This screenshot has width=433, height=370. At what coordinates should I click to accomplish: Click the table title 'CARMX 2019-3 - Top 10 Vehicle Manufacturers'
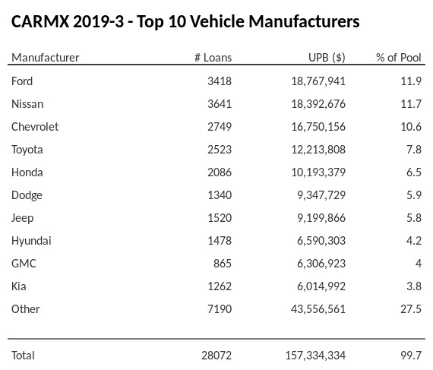(185, 21)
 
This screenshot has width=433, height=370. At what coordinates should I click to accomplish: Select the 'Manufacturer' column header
(46, 58)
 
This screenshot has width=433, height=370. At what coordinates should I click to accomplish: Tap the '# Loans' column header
(213, 58)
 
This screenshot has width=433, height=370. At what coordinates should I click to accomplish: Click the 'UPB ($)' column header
(327, 58)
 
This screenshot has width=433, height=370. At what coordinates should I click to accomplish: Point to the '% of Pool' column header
(399, 58)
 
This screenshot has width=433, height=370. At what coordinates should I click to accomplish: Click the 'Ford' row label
(22, 81)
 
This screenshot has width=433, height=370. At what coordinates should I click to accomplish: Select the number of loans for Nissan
(219, 103)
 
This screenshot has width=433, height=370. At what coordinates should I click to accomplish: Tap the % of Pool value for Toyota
(413, 149)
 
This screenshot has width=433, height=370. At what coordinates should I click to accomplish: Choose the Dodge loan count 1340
(219, 194)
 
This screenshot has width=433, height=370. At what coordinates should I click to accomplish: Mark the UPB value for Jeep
(320, 217)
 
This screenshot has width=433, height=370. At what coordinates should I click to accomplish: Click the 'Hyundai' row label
(31, 240)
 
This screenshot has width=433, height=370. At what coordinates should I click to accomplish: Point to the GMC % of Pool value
(417, 263)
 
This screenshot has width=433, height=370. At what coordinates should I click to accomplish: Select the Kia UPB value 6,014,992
(320, 286)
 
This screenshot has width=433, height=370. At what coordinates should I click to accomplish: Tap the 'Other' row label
(26, 308)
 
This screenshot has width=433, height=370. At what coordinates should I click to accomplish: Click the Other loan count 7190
(219, 308)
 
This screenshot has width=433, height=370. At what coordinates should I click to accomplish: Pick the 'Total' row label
(24, 355)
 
